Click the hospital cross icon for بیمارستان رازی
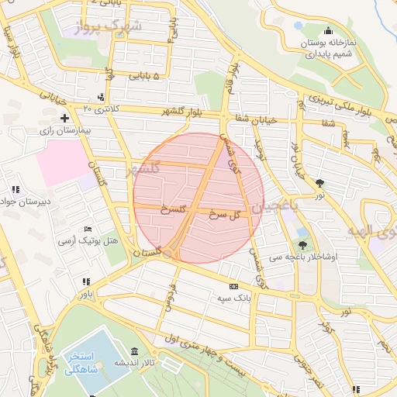point(64,119)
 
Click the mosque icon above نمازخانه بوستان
point(327,30)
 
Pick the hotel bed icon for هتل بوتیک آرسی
point(88,229)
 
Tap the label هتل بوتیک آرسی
point(90,241)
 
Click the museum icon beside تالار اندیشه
point(135,351)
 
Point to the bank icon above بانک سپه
point(233,287)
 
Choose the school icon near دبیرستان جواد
point(16,189)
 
